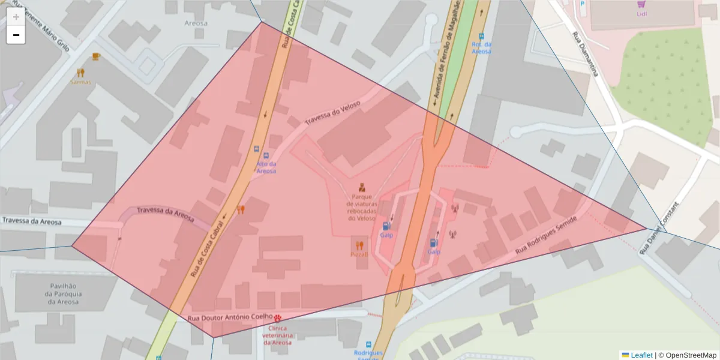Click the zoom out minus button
point(16,35)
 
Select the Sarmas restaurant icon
point(81,73)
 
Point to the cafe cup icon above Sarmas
point(96,56)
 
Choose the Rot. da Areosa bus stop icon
point(481,35)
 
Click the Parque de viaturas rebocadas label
point(361,207)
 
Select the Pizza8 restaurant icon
point(359,245)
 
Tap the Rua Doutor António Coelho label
point(230,317)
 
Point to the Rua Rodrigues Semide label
point(546,235)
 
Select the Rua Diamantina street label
point(585,53)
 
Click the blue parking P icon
point(582,4)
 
